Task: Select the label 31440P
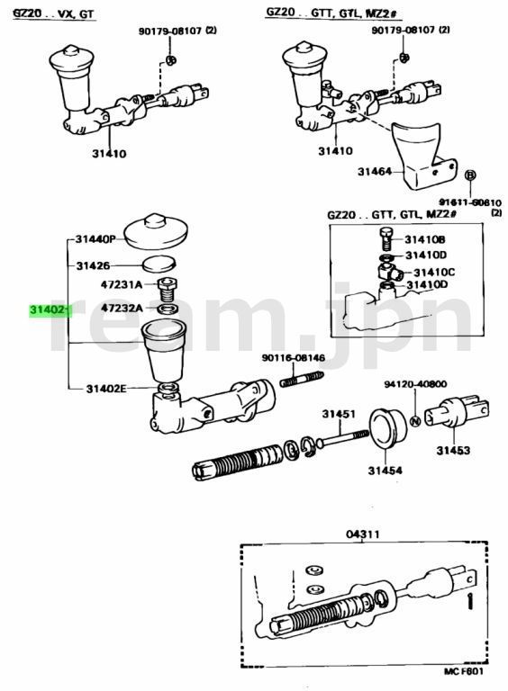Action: [x=96, y=239]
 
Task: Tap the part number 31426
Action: [x=93, y=265]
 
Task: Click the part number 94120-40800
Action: [x=417, y=382]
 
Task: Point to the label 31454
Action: [x=385, y=470]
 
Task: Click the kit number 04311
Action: [x=363, y=534]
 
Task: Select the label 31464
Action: [x=375, y=170]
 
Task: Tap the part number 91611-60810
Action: [x=469, y=203]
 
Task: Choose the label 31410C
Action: [x=433, y=271]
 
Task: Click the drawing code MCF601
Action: [x=463, y=671]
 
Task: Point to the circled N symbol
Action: [x=415, y=420]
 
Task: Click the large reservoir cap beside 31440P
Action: [x=156, y=230]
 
